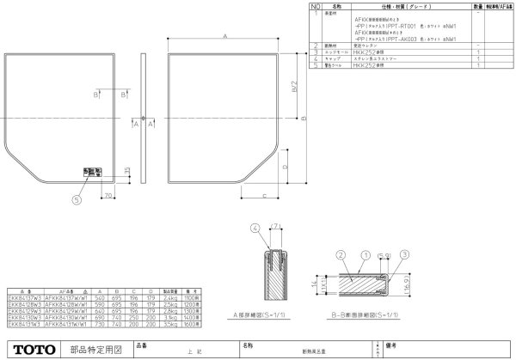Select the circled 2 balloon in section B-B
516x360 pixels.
341,255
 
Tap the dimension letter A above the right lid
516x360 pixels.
224,38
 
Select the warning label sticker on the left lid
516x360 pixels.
89,172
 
